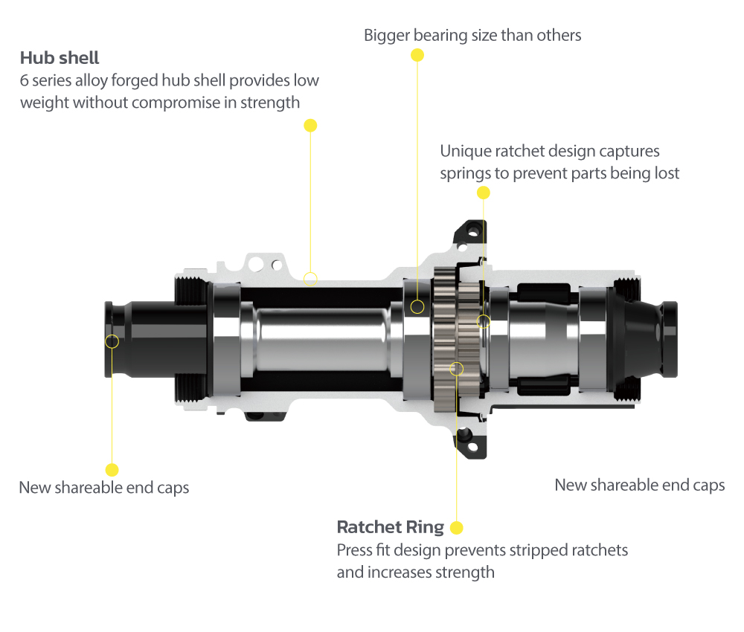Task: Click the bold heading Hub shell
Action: click(60, 58)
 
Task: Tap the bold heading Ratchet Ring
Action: click(390, 527)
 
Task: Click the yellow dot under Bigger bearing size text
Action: click(417, 55)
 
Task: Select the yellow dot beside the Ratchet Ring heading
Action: click(457, 528)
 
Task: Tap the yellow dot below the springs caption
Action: click(484, 193)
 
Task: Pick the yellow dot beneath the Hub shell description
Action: click(311, 125)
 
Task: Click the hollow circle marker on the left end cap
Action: click(112, 341)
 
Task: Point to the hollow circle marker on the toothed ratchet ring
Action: click(458, 368)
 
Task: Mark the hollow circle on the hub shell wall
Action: click(311, 279)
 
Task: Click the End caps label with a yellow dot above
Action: click(104, 488)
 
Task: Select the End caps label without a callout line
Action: click(640, 485)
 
